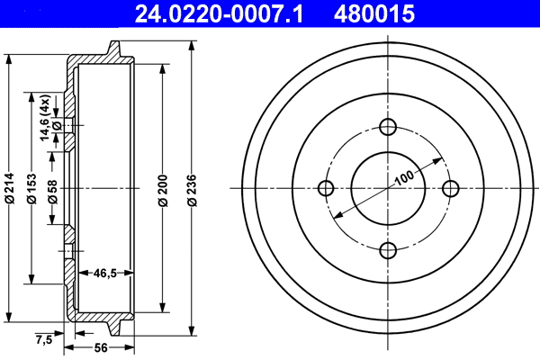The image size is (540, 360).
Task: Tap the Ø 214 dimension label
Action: click(x=10, y=188)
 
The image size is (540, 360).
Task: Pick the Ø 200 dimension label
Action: click(x=163, y=188)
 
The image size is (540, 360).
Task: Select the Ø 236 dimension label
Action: click(x=192, y=188)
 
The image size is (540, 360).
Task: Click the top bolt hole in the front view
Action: click(x=388, y=126)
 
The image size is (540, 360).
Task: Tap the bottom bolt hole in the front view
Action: click(x=388, y=250)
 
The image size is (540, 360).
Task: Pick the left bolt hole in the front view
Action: click(x=326, y=188)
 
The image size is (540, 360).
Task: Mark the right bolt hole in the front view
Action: click(x=450, y=188)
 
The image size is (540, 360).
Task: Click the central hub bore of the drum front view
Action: click(x=388, y=188)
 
